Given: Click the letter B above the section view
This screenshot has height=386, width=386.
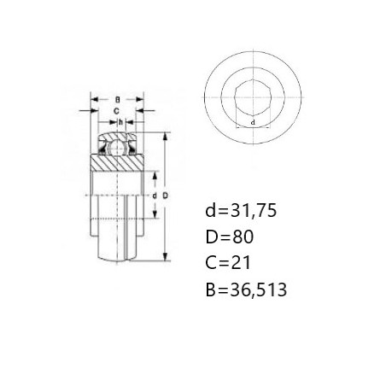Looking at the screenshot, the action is (117, 100).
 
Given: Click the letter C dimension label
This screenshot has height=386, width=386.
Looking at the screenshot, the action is (116, 111).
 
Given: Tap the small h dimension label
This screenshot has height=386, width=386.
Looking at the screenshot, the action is (121, 122).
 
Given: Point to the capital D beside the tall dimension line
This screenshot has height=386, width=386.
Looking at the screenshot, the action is (166, 196).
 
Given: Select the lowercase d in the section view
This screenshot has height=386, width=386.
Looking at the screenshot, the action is (155, 196).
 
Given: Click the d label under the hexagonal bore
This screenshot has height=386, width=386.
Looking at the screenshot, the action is (253, 123).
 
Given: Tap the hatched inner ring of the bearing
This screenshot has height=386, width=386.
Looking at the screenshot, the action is (117, 163).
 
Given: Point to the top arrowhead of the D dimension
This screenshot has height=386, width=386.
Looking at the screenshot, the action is (165, 136).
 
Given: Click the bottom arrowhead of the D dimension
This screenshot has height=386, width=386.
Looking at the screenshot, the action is (165, 257).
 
